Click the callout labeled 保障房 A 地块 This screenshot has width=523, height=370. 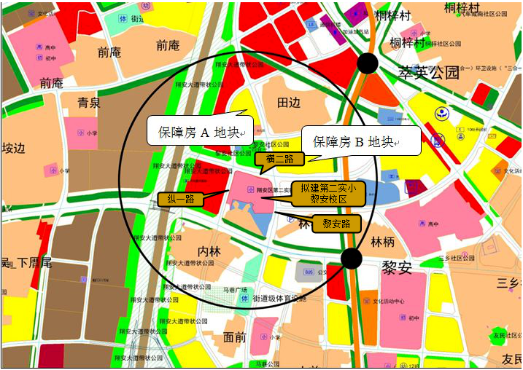click(198, 132)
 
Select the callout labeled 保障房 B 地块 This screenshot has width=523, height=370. click(354, 141)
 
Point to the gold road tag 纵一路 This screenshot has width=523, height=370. click(179, 199)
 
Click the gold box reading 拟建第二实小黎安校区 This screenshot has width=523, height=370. click(322, 194)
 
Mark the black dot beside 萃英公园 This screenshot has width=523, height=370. click(368, 63)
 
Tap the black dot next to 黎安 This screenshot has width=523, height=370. click(352, 258)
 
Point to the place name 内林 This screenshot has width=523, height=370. click(209, 251)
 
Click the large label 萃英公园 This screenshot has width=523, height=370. click(429, 73)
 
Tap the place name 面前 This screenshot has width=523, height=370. click(235, 337)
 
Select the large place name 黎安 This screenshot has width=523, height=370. click(397, 268)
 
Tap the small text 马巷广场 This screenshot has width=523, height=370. click(237, 290)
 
